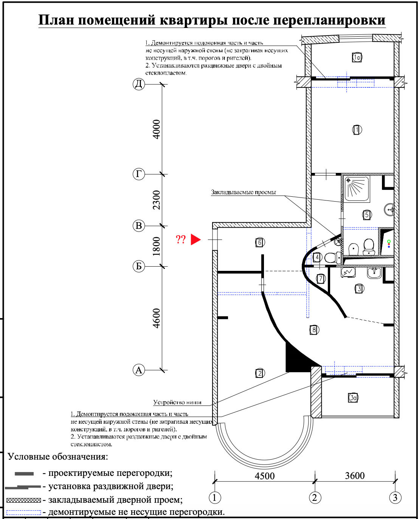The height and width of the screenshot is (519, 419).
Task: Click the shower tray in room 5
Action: pyautogui.click(x=356, y=188)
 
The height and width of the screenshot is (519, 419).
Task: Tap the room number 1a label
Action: pyautogui.click(x=357, y=57)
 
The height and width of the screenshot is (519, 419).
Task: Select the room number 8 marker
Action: pyautogui.click(x=313, y=329)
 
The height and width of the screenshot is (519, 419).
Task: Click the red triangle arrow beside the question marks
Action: pyautogui.click(x=195, y=239)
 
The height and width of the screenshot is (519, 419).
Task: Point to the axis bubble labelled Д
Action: pyautogui.click(x=139, y=84)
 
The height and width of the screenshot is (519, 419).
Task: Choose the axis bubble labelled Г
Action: pyautogui.click(x=139, y=174)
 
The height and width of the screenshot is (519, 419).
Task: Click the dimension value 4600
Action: pyautogui.click(x=156, y=318)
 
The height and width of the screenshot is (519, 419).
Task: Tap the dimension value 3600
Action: pyautogui.click(x=355, y=475)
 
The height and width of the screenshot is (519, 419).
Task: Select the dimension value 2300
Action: pyautogui.click(x=156, y=200)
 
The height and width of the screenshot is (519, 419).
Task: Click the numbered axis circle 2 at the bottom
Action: pyautogui.click(x=315, y=497)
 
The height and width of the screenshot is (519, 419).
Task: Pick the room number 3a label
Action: pyautogui.click(x=353, y=398)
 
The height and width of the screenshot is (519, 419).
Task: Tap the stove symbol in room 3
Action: pyautogui.click(x=348, y=272)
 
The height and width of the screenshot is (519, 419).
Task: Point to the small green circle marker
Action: pyautogui.click(x=389, y=241)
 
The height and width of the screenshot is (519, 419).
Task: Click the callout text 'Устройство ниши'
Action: pyautogui.click(x=177, y=402)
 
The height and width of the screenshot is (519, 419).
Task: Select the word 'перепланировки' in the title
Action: pyautogui.click(x=329, y=20)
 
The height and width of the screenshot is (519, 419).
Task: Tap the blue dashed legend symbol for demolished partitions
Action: pyautogui.click(x=23, y=513)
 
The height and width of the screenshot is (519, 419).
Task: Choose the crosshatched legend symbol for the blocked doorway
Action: pyautogui.click(x=23, y=500)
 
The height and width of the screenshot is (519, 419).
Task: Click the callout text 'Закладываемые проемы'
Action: pyautogui.click(x=243, y=192)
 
